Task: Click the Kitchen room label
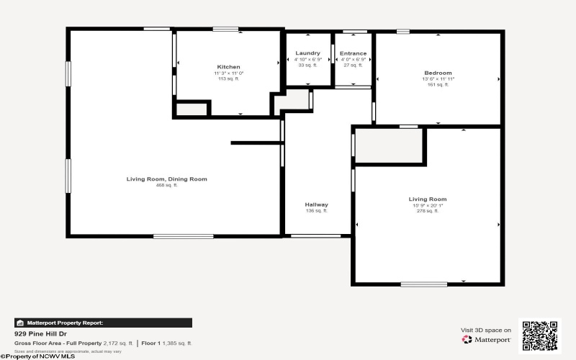click(228, 67)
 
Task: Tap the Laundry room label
click(307, 53)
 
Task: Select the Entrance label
click(353, 53)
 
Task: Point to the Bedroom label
click(438, 73)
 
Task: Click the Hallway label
click(317, 204)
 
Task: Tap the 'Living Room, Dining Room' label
click(166, 179)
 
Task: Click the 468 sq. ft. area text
click(166, 186)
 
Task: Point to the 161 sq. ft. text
click(438, 85)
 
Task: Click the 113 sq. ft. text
click(228, 79)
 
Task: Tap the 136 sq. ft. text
click(317, 211)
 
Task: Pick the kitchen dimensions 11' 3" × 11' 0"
click(228, 73)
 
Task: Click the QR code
click(539, 336)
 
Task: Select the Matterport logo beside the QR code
click(487, 339)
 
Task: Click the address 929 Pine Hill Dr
click(37, 335)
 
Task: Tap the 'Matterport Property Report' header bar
click(103, 323)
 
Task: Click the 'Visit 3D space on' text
click(486, 330)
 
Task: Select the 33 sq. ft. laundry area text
click(307, 66)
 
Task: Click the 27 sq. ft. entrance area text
click(353, 66)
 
